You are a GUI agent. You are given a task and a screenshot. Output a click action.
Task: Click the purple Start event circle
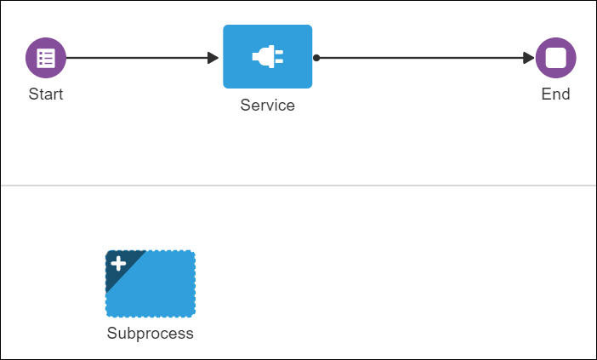[x=46, y=58]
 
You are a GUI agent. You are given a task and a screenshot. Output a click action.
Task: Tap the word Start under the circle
[x=46, y=94]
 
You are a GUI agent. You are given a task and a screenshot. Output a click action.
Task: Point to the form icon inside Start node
[x=46, y=58]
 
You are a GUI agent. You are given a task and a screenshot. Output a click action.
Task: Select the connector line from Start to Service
[x=136, y=58]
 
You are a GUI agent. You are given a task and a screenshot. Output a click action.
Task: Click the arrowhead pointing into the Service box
[x=213, y=58]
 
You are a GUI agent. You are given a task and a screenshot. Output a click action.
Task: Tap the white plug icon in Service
[x=267, y=57]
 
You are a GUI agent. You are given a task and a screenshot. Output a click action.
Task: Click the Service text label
[x=267, y=106]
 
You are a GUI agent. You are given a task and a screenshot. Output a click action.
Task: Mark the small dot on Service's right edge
[x=316, y=58]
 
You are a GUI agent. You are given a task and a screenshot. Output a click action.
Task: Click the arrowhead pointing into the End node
[x=529, y=58]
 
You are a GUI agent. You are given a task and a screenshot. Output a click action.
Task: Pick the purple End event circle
[x=555, y=58]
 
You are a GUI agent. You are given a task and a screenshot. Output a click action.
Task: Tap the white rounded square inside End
[x=555, y=58]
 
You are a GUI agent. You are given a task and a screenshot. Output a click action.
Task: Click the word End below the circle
[x=555, y=94]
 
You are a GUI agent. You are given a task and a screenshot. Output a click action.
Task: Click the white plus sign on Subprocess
[x=118, y=264]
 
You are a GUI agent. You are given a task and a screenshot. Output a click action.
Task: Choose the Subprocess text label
[x=151, y=334]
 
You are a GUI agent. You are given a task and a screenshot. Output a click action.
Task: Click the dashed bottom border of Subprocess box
[x=151, y=316]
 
